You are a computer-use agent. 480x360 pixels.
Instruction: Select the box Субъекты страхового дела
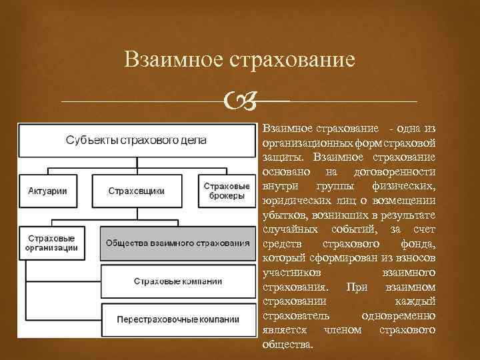coord(136,140)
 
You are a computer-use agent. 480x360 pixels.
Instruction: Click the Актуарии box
coord(48,191)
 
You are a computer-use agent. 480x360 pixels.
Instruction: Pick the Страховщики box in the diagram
coord(136,191)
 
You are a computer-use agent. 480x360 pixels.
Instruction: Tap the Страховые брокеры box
coord(227,191)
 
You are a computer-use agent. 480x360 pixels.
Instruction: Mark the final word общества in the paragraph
coord(288,345)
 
